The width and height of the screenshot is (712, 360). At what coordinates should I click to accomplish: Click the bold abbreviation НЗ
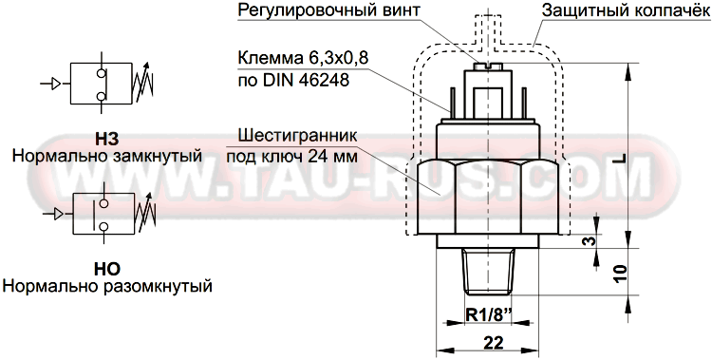[x=106, y=136]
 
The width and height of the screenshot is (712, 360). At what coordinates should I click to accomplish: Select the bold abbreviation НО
[x=106, y=269]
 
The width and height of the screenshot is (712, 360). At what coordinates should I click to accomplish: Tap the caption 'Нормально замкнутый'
[x=106, y=155]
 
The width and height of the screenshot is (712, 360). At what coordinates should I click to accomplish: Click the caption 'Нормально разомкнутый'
[x=106, y=286]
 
